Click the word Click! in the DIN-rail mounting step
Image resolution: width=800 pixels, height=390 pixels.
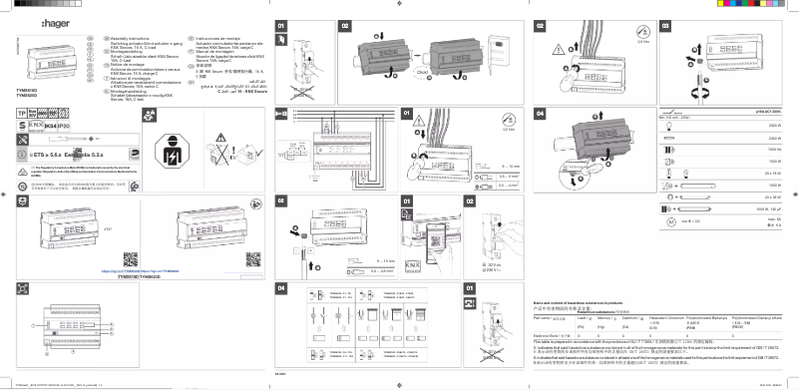point(423,73)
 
